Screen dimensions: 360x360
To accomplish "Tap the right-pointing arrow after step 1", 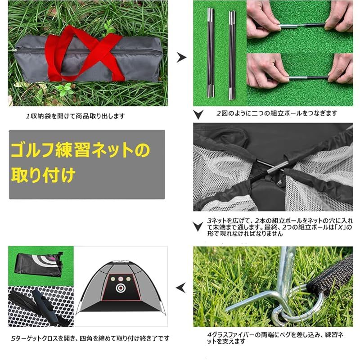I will click(x=181, y=57).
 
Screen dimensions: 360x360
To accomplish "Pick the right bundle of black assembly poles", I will click(x=232, y=54).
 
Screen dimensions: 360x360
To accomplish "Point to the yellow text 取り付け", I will click(x=43, y=174).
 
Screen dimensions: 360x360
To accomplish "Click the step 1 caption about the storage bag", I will click(x=75, y=116).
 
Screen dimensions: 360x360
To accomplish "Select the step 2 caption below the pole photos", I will click(x=276, y=113).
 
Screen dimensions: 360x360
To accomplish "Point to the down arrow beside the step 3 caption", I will click(x=197, y=225).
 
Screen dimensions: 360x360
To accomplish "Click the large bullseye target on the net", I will click(x=120, y=287).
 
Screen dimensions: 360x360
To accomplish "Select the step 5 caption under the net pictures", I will click(x=90, y=337).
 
